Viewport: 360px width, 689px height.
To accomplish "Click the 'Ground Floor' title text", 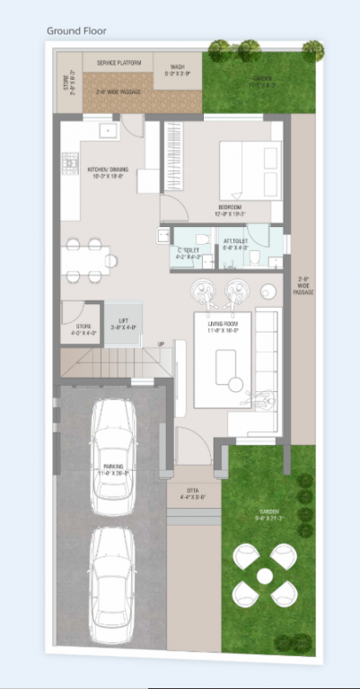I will (x=76, y=31).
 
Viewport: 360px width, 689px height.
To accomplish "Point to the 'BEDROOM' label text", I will (x=230, y=210).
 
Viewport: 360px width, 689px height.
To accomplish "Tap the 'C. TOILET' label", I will (x=186, y=251).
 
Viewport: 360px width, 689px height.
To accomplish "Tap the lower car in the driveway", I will (x=113, y=582).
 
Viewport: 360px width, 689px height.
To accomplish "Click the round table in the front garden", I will (x=265, y=574).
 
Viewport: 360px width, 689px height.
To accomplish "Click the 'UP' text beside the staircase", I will (x=161, y=344).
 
